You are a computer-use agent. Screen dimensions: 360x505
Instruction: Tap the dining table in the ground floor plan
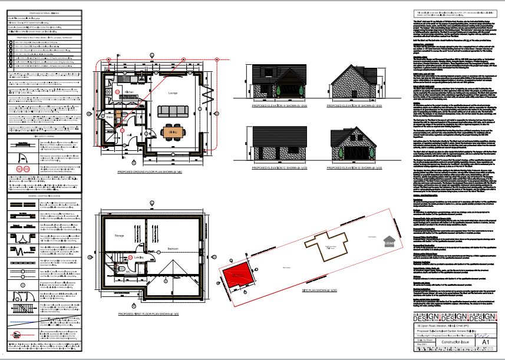(174, 131)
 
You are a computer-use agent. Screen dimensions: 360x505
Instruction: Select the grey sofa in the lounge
(173, 111)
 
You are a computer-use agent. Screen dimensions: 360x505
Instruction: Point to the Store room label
(109, 117)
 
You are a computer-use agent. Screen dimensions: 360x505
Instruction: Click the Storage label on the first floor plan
(119, 236)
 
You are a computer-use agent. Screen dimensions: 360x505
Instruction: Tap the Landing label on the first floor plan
(139, 257)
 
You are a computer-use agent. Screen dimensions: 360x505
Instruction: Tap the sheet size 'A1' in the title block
(486, 341)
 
